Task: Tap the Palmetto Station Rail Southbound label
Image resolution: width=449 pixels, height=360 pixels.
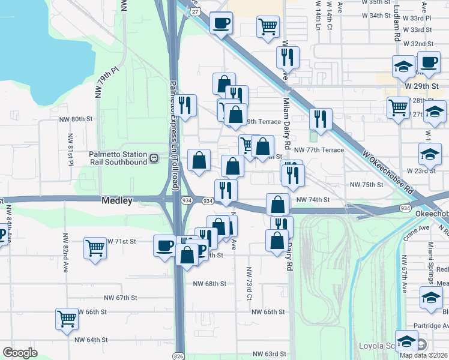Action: point(118,158)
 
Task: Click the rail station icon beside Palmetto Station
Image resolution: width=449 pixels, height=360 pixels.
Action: point(154,158)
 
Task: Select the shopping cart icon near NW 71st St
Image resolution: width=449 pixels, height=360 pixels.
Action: point(95,247)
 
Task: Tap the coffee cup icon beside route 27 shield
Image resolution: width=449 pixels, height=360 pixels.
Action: point(221,23)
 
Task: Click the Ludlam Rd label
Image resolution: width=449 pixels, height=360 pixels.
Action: point(397,24)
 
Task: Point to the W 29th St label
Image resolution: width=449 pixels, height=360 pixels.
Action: point(422,86)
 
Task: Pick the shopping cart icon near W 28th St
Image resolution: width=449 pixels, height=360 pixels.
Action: point(398,108)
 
